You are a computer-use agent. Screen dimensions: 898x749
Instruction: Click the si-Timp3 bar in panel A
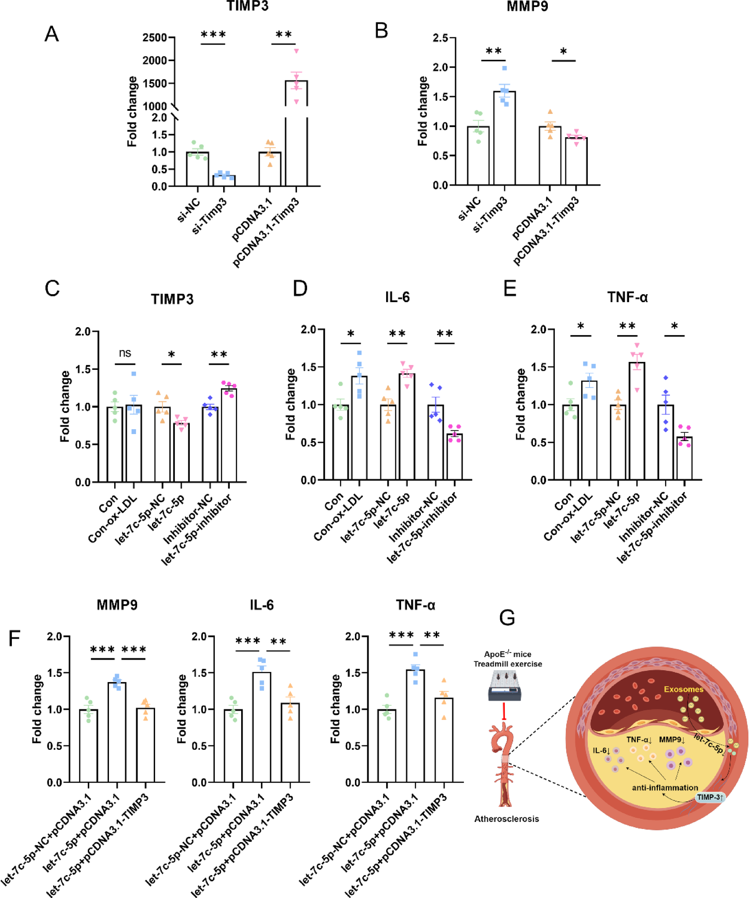click(224, 181)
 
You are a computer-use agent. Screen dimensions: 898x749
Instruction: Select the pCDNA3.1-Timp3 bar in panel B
click(576, 161)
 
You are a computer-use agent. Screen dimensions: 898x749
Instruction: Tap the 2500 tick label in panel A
click(155, 37)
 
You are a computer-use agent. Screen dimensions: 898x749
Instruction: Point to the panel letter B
click(381, 31)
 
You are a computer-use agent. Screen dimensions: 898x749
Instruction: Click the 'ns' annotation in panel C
click(125, 353)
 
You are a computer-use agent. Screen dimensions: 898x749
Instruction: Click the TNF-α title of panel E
click(627, 297)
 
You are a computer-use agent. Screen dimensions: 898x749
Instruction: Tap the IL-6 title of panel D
click(397, 297)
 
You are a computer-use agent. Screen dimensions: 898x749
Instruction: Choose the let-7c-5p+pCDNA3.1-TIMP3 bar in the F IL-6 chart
click(290, 743)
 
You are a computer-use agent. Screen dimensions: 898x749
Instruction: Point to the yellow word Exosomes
click(683, 689)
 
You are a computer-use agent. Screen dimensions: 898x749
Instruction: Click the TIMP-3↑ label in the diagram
click(710, 797)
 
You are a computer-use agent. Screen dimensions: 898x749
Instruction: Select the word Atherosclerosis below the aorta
click(506, 818)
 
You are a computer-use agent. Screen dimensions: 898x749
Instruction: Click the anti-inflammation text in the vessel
click(665, 787)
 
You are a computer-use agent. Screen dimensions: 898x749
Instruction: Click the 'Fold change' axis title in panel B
click(423, 111)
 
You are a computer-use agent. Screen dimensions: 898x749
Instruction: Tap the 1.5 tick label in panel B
click(441, 97)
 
